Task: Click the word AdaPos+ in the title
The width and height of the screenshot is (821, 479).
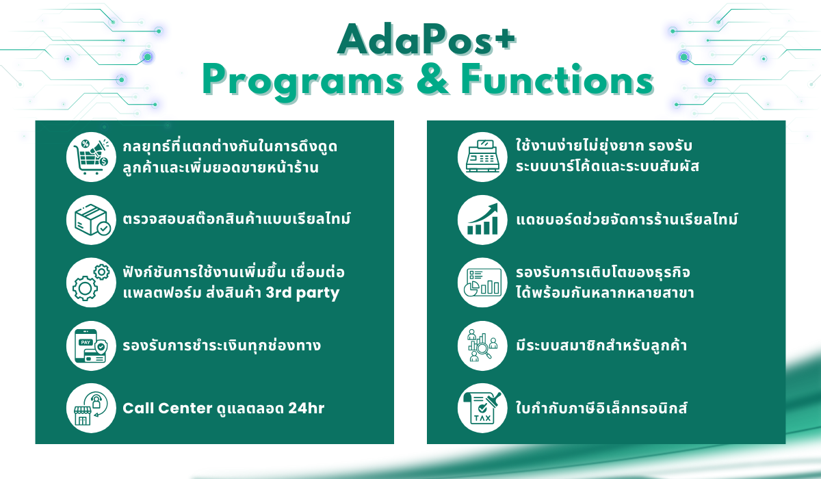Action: pyautogui.click(x=427, y=40)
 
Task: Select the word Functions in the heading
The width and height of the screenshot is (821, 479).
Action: pyautogui.click(x=558, y=79)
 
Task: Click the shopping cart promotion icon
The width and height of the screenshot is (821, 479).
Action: pyautogui.click(x=91, y=157)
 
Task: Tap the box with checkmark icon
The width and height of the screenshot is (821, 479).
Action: pyautogui.click(x=91, y=220)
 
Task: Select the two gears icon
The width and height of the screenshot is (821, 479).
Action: pyautogui.click(x=91, y=283)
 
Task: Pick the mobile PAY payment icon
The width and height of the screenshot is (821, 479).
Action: pyautogui.click(x=91, y=346)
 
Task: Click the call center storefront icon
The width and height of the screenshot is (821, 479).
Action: pyautogui.click(x=91, y=409)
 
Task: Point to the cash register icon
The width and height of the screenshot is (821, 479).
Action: pyautogui.click(x=482, y=157)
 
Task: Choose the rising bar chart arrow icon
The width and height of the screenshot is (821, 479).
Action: pyautogui.click(x=482, y=220)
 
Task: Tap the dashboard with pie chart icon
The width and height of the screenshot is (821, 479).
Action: pyautogui.click(x=482, y=283)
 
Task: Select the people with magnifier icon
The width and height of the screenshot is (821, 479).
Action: pyautogui.click(x=482, y=346)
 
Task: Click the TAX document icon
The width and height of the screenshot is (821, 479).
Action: pyautogui.click(x=482, y=409)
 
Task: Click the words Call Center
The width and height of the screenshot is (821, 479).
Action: pyautogui.click(x=168, y=409)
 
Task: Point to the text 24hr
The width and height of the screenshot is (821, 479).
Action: pyautogui.click(x=307, y=409)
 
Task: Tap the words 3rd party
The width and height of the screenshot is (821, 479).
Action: pyautogui.click(x=302, y=293)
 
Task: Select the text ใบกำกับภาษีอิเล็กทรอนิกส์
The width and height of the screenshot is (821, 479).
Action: pyautogui.click(x=601, y=407)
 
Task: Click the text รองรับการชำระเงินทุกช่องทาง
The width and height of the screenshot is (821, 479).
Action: pyautogui.click(x=222, y=345)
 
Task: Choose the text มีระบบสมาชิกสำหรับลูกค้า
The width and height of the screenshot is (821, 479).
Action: pyautogui.click(x=601, y=345)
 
